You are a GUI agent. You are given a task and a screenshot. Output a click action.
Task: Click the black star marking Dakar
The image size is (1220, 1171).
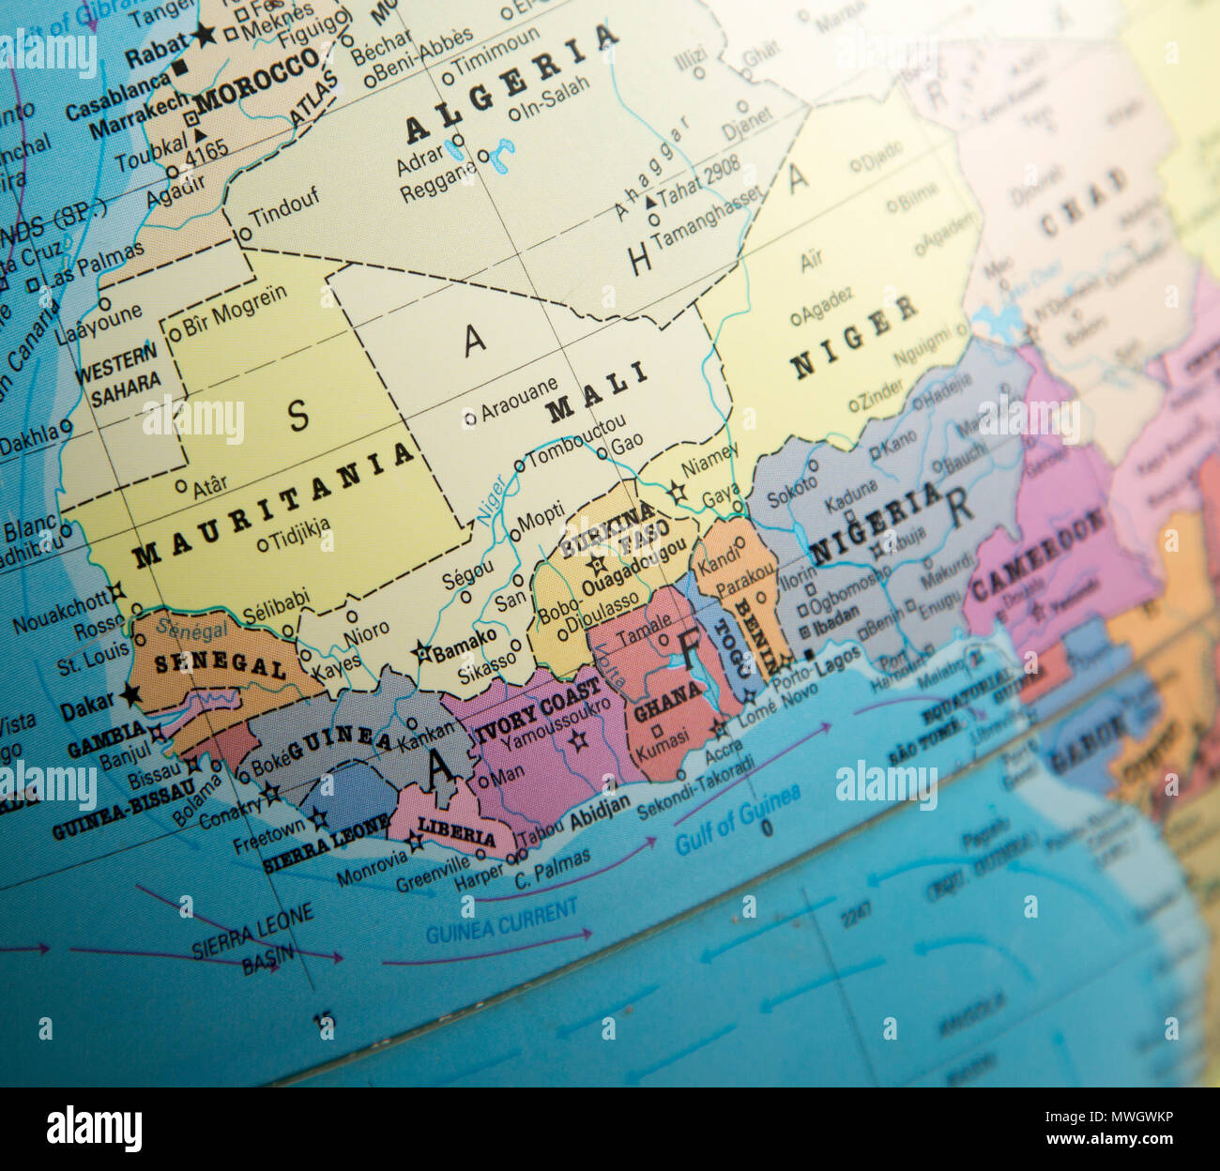[x=130, y=696]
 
